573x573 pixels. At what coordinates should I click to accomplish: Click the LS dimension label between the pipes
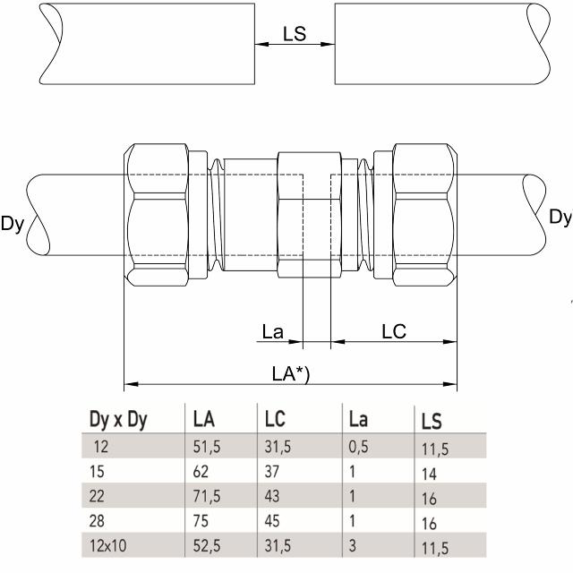click(x=295, y=33)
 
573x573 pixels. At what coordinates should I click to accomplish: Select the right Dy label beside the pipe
click(x=560, y=218)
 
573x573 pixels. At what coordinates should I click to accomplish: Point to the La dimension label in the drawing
click(x=273, y=332)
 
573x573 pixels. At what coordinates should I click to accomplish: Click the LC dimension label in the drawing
click(x=394, y=331)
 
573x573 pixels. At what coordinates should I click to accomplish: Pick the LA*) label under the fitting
click(x=290, y=375)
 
